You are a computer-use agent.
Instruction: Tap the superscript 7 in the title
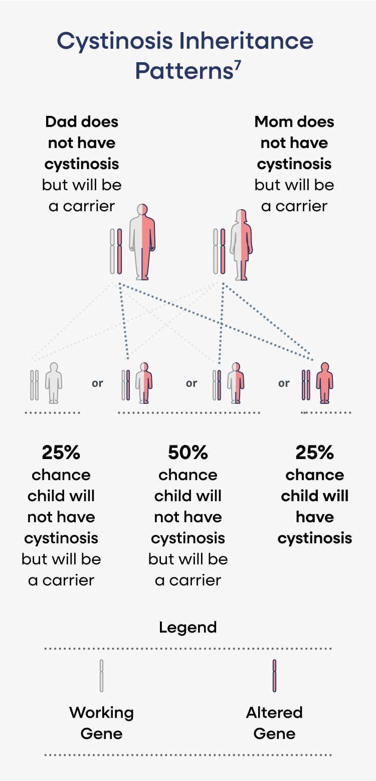point(237,67)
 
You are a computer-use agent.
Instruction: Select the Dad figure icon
point(142,241)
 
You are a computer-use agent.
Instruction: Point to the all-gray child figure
point(54,383)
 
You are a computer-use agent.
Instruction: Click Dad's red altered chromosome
point(119,251)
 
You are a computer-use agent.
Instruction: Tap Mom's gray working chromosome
point(216,251)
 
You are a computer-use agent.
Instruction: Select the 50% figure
point(188,452)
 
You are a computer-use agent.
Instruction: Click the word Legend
point(188,627)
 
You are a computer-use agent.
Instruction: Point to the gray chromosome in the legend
point(101,676)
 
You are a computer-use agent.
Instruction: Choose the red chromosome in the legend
point(275,676)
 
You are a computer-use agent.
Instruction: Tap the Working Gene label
point(101,723)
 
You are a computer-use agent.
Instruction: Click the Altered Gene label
point(275,723)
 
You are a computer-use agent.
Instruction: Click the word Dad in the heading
point(61,122)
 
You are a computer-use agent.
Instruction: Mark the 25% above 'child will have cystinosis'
point(315,452)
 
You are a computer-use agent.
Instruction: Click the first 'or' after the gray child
point(97,383)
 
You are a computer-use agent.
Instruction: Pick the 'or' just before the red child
point(284,383)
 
